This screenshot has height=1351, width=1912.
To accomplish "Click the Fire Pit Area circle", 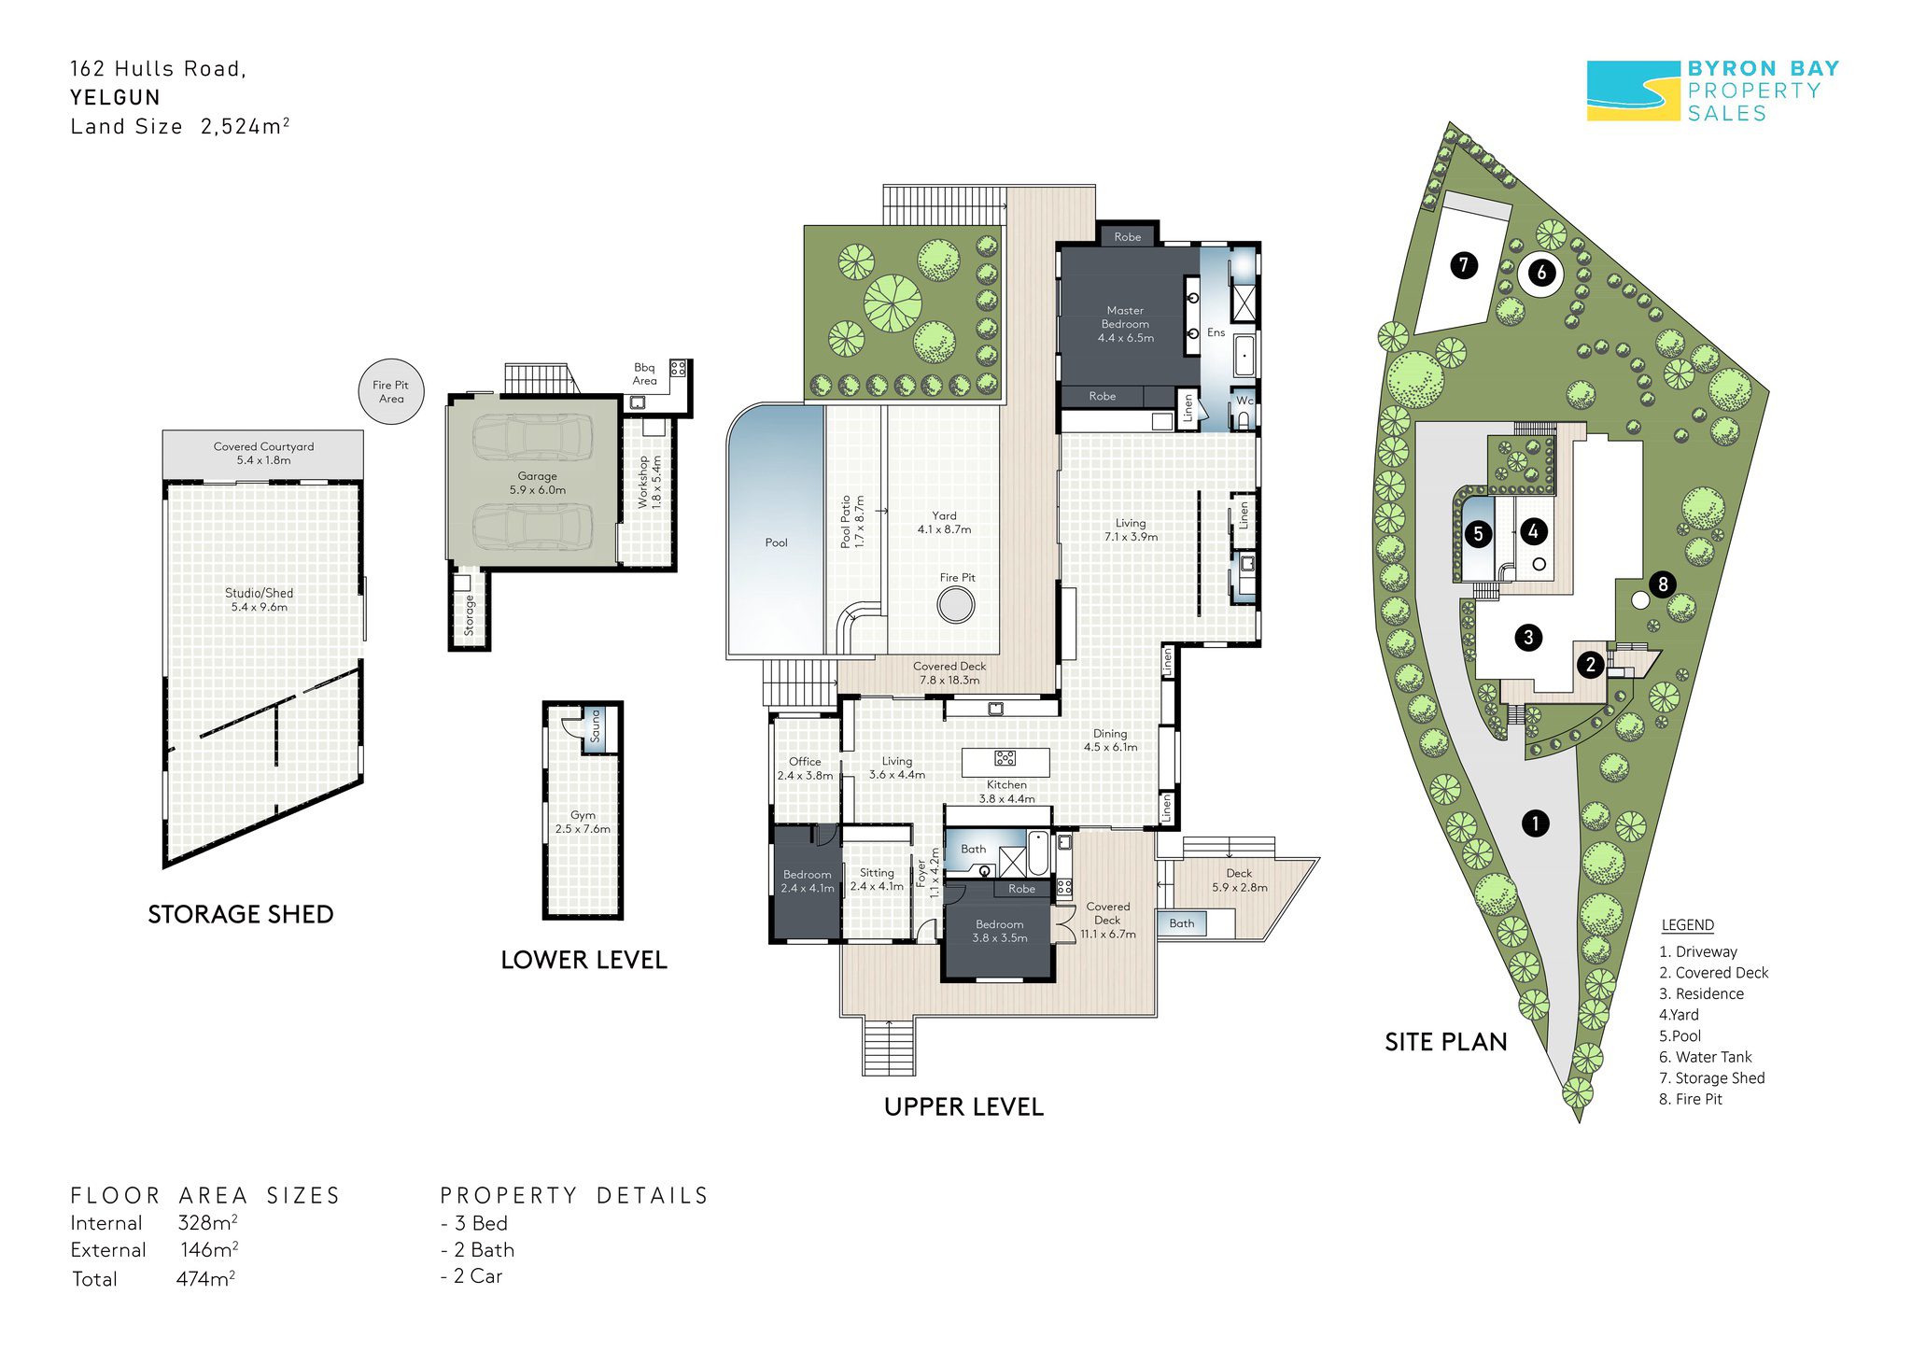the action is coord(391,391).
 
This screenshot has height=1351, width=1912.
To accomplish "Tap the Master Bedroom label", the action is coord(1125,324).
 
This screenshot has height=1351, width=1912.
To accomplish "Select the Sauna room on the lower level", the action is coord(595,727).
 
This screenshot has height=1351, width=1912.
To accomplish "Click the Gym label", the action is coord(583,822).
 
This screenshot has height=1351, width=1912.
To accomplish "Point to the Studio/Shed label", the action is coord(259,599).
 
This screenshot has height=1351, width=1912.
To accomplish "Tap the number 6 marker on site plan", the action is coord(1541,273).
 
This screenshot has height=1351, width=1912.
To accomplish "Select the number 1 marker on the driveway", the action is coord(1536,823).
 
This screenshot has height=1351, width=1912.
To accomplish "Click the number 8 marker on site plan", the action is coord(1663,584).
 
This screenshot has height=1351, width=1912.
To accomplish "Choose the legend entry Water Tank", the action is coord(1705,1057).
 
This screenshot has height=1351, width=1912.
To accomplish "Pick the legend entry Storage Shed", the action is coord(1711,1077).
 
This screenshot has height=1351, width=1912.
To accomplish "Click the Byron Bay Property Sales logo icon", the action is coord(1633,91).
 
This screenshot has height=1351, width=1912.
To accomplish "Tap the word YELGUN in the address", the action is coord(115,97).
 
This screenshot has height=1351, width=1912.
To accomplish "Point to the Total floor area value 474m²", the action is coord(205,1278).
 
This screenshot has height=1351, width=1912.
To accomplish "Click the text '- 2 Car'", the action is coord(471,1276).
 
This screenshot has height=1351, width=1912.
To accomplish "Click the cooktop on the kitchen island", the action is coord(1005,757).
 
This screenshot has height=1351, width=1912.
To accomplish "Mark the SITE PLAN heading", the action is coord(1445,1042).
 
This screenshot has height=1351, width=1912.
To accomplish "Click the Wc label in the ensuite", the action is coord(1244,401).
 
